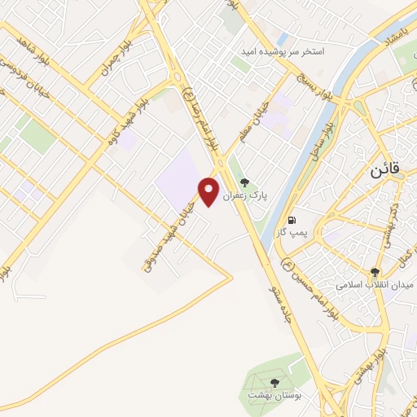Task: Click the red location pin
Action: [209, 190]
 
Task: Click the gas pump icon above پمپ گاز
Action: [291, 220]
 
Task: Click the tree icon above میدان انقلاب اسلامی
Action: [375, 273]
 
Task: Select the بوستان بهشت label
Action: [274, 394]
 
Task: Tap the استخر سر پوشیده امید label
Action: [281, 51]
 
